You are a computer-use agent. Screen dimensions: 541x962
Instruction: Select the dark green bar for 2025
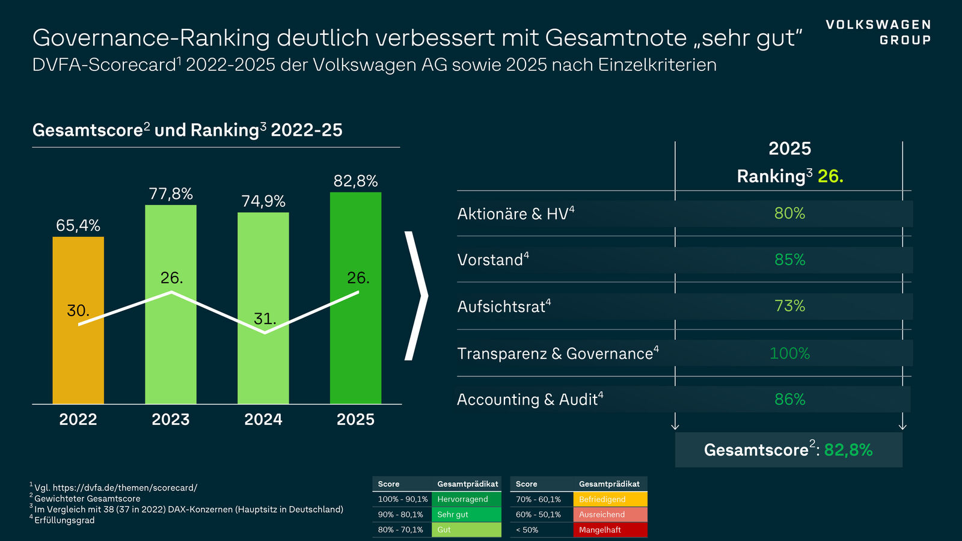(355, 361)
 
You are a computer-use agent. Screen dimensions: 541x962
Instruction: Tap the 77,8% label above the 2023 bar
(171, 194)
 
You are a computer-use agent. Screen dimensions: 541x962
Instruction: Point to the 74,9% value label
(263, 201)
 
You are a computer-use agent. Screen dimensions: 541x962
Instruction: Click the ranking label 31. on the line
(265, 319)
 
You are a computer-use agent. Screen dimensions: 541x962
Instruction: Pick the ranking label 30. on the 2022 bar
(78, 311)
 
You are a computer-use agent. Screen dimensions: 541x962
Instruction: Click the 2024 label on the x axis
(263, 420)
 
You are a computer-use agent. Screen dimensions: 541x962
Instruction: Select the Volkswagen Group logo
(878, 32)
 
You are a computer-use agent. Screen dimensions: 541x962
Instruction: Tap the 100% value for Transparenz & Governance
(789, 353)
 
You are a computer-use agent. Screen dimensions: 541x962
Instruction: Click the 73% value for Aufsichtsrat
(789, 307)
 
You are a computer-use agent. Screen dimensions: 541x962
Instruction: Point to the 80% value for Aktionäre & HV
(789, 213)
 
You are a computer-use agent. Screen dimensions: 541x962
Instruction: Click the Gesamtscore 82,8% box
(788, 450)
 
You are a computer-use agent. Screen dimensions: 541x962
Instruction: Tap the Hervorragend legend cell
(466, 500)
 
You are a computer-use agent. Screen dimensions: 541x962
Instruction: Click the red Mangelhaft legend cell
(610, 530)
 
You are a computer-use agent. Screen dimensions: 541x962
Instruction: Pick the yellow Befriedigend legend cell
(610, 500)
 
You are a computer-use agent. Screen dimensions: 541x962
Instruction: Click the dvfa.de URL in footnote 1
(124, 488)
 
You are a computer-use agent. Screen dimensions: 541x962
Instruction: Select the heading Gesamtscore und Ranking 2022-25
(187, 130)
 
